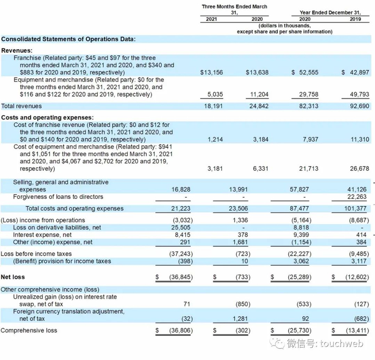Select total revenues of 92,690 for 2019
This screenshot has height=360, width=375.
355,106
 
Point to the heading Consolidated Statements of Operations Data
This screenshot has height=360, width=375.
68,39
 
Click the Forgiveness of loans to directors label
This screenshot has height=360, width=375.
58,197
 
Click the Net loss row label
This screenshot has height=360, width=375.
13,277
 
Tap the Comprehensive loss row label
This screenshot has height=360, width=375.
29,331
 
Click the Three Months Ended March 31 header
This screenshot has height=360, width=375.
234,10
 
